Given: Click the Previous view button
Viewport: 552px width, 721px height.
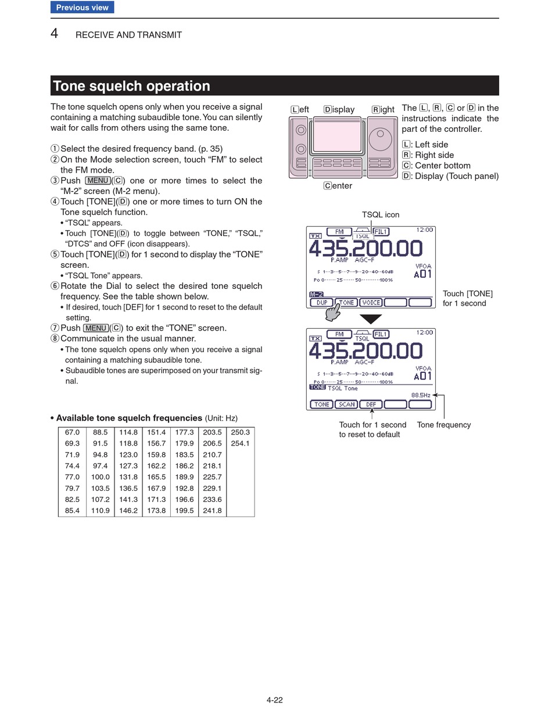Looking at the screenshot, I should point(82,8).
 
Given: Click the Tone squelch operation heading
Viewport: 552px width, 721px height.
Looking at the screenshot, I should point(132,86).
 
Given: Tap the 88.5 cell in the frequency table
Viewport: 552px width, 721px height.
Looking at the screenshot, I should point(100,432).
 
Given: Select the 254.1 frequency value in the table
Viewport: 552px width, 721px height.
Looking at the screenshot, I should point(240,443).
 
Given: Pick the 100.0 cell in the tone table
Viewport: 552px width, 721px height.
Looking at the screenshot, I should point(100,477).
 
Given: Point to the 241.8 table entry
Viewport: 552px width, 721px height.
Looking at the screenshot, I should point(212,511).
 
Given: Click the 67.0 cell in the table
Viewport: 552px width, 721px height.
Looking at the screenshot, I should point(72,432).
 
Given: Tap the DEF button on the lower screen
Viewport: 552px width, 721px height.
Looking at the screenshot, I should point(371,404).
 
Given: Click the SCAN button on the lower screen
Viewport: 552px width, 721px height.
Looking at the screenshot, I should point(347,404).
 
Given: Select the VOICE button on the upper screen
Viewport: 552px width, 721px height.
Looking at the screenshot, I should point(371,303).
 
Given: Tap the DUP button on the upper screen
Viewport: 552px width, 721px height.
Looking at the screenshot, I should point(321,303).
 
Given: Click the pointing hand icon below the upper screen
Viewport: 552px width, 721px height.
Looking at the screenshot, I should point(332,313).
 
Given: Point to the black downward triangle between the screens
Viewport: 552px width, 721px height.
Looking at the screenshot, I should point(371,319).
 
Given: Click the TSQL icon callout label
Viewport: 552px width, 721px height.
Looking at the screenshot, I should point(381,215).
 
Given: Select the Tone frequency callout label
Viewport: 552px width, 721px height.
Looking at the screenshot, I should point(444,425).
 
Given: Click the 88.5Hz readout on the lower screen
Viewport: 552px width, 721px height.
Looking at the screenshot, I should point(421,395).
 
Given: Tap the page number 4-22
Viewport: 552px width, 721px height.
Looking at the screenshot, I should point(275,700).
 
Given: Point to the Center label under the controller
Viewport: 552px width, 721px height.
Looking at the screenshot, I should point(338,186).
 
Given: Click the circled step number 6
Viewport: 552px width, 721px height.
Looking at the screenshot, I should point(55,286).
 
